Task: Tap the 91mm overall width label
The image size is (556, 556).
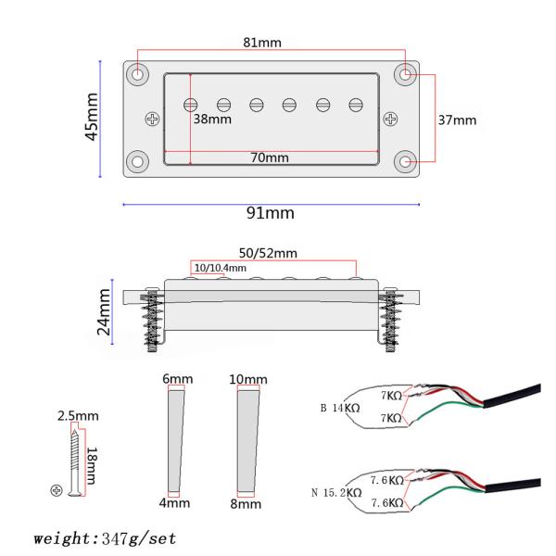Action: click(271, 214)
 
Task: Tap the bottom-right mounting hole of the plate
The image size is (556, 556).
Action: click(405, 161)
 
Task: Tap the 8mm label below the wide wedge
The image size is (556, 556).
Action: click(245, 504)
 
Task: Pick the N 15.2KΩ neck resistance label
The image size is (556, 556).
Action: click(336, 491)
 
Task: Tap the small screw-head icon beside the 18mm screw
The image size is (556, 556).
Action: click(57, 488)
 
